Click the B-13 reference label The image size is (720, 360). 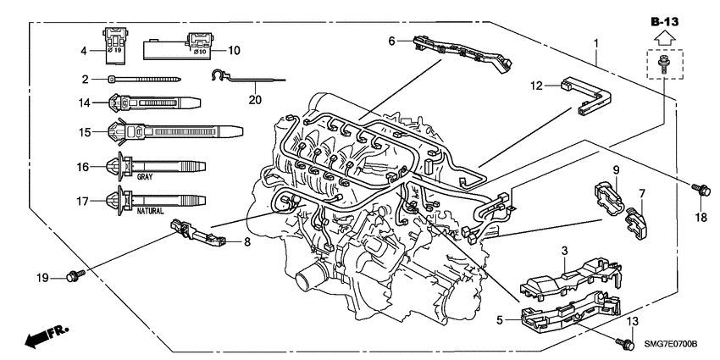pos(665,19)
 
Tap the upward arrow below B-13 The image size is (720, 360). pos(665,36)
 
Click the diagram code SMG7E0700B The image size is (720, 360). pos(667,345)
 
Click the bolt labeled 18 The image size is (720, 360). pos(700,191)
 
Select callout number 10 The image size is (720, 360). pos(234,51)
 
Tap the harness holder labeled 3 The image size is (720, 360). pos(568,273)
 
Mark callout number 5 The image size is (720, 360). pos(499,320)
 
